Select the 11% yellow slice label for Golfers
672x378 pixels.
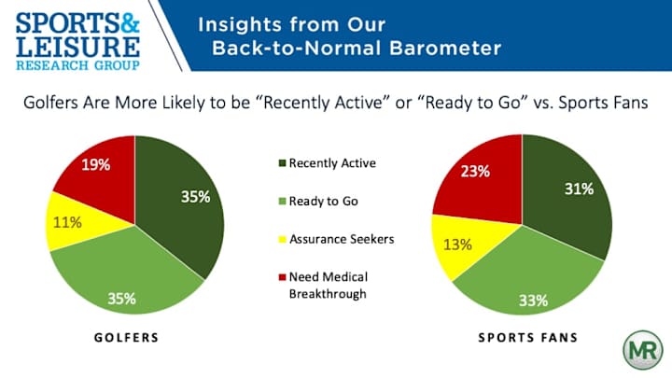[x=65, y=224]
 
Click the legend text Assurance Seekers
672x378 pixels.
[x=341, y=239]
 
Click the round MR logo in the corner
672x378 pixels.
[x=643, y=349]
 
